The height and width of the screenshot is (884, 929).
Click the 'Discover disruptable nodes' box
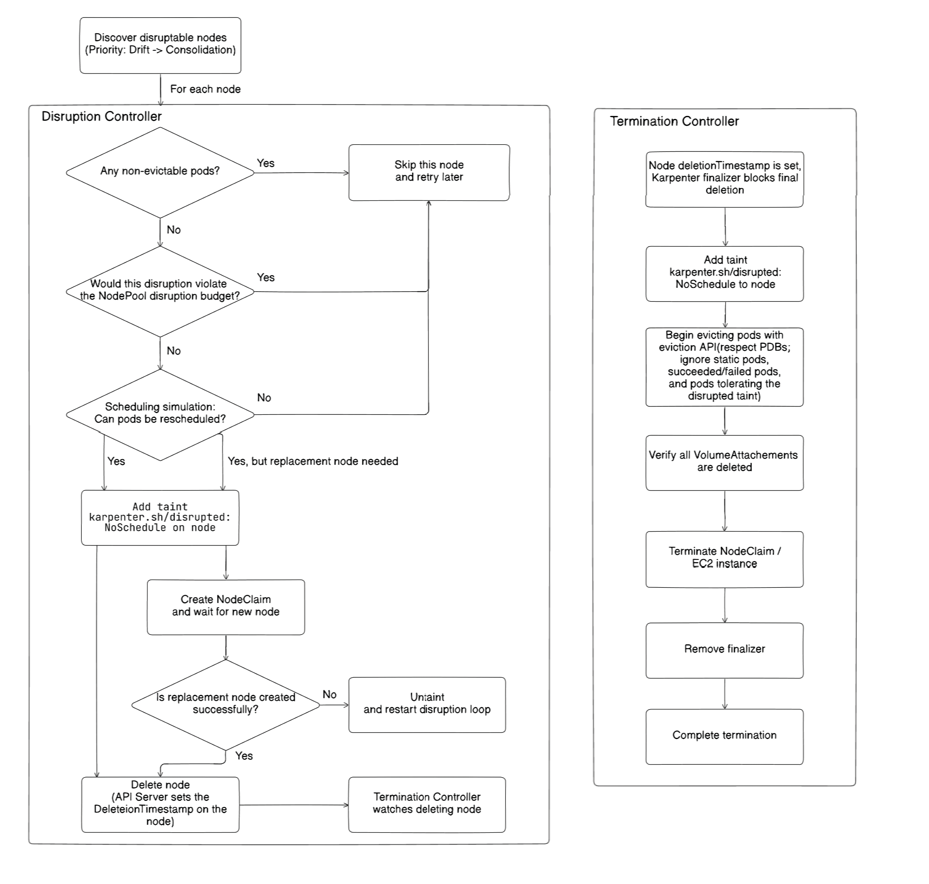click(x=160, y=45)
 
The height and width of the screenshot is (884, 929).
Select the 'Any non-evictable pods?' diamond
click(x=160, y=173)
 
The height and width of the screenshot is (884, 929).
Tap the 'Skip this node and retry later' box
click(x=429, y=173)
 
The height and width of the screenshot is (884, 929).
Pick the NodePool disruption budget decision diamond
click(x=160, y=292)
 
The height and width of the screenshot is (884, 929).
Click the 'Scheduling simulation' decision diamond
click(x=160, y=415)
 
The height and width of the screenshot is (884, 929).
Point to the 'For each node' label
click(x=205, y=89)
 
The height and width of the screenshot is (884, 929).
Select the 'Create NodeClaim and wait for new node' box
click(x=226, y=607)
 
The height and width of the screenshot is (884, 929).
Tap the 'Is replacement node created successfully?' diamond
click(x=226, y=705)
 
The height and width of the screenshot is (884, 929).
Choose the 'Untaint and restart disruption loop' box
click(x=427, y=705)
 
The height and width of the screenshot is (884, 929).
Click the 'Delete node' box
click(x=160, y=805)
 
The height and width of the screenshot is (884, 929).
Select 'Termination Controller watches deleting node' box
click(x=427, y=805)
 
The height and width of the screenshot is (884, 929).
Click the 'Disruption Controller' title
click(x=102, y=117)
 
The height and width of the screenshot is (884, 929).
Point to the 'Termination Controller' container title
click(x=675, y=121)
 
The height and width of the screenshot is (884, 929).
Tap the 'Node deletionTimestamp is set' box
click(x=725, y=179)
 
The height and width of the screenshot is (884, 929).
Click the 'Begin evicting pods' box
click(x=725, y=367)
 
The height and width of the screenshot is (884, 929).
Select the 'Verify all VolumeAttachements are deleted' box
click(x=725, y=463)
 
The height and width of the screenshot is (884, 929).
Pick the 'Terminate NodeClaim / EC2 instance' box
click(x=725, y=559)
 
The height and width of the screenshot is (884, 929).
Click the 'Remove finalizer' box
click(x=725, y=650)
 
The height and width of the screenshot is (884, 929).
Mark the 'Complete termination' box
click(x=725, y=736)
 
